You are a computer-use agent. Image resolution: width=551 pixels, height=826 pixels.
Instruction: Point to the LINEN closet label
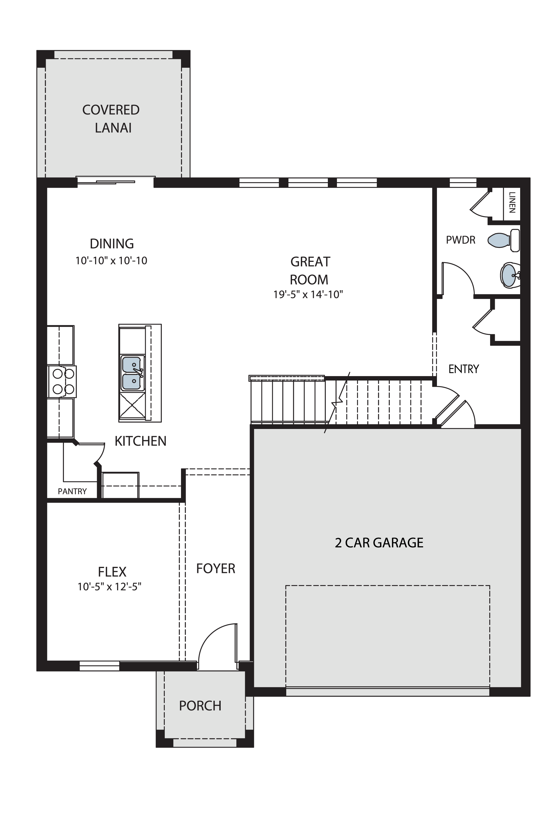coord(512,202)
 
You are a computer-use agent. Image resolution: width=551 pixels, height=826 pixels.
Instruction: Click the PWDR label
coord(460,240)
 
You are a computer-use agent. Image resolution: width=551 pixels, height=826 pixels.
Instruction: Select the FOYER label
coord(215,568)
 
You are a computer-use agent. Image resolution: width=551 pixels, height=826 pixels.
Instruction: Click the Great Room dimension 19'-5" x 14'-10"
coord(308,294)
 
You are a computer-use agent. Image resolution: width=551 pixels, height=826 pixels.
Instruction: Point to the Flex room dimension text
coord(109,586)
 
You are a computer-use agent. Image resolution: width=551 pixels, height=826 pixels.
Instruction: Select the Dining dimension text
coord(111,260)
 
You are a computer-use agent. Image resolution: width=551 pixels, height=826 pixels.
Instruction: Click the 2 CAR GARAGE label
coord(379,543)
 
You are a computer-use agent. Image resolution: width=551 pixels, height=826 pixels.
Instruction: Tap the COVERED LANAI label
coord(111,119)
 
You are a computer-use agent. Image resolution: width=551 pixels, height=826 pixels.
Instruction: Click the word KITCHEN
coord(141,441)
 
